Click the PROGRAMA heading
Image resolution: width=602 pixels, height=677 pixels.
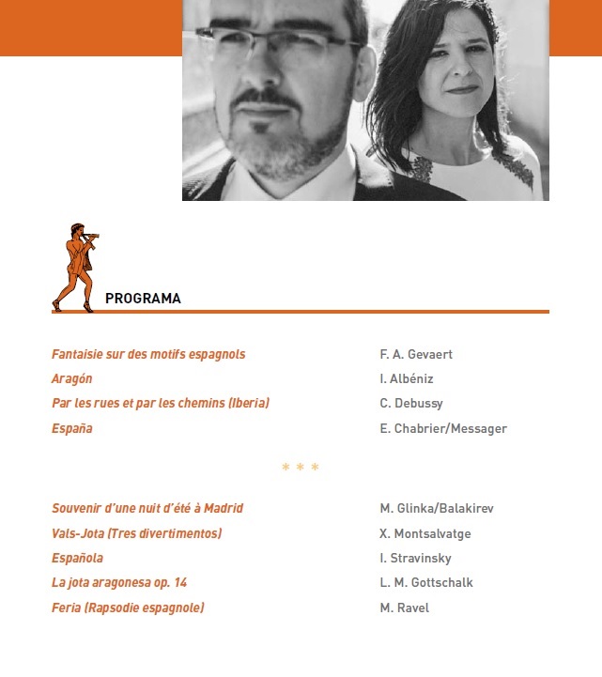click(x=143, y=299)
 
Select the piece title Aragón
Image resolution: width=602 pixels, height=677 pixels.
click(x=71, y=378)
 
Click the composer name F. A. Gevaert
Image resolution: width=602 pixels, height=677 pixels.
click(x=416, y=354)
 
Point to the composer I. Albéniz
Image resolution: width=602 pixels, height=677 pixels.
click(x=407, y=378)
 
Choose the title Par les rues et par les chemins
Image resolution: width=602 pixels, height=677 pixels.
click(x=161, y=403)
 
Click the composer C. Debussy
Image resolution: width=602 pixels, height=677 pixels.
click(x=411, y=403)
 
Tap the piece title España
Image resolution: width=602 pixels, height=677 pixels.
click(x=71, y=428)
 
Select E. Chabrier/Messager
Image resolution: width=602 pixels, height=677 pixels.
click(x=443, y=428)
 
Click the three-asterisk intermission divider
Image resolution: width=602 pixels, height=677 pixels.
click(x=301, y=468)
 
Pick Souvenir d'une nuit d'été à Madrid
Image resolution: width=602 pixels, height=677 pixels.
click(x=147, y=508)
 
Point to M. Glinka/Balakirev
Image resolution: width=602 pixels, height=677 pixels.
click(x=437, y=508)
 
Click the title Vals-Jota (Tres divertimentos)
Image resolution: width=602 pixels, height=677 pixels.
click(x=136, y=533)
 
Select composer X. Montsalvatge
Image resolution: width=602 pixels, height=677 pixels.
click(x=425, y=533)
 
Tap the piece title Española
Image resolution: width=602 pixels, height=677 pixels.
click(x=77, y=558)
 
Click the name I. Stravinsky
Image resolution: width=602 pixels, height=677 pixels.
click(x=415, y=558)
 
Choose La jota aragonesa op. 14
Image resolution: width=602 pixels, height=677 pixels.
click(x=119, y=582)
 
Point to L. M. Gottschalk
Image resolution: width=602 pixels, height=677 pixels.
click(x=426, y=582)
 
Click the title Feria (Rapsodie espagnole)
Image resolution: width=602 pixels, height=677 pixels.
click(x=128, y=608)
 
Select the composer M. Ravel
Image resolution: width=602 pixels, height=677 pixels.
click(x=404, y=608)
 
